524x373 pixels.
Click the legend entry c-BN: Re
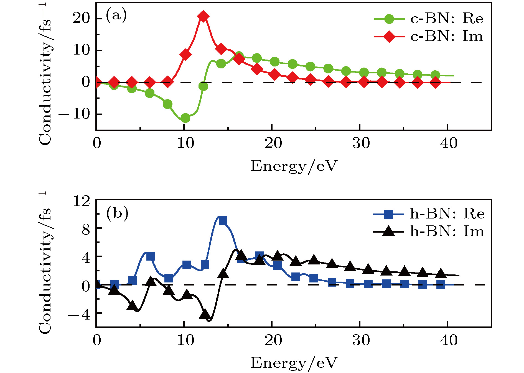428,19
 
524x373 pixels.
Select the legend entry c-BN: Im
428,37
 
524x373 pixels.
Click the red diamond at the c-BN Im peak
203,17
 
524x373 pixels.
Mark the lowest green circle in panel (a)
185,118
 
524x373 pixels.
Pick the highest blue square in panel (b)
223,221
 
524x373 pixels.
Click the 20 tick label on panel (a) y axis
81,18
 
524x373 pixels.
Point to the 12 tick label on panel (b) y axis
82,201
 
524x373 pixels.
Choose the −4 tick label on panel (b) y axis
79,315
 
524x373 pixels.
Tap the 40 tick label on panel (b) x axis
449,340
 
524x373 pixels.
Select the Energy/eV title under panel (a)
294,166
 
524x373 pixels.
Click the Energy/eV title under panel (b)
294,363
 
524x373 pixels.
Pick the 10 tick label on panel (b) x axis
185,340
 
